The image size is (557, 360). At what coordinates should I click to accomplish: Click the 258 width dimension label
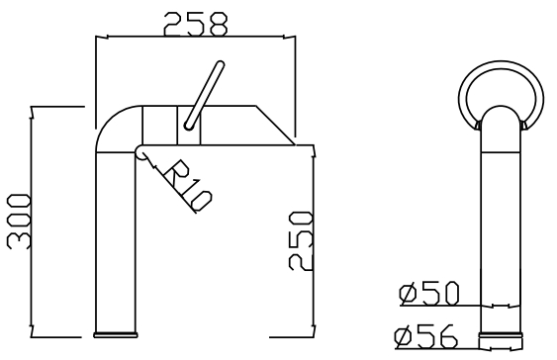point(195,24)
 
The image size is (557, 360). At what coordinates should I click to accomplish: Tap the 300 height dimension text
point(19,222)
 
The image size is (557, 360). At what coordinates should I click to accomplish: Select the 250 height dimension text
point(301,240)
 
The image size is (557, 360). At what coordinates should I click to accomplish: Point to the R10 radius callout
point(188,186)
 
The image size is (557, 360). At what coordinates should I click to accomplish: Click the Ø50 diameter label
point(428,294)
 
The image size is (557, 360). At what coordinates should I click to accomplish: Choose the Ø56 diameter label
point(425,336)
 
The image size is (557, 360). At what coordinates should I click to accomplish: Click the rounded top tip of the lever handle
point(221,64)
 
